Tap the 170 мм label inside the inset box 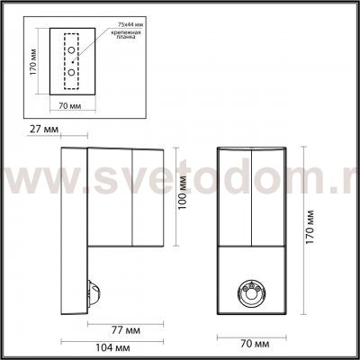pos(32,67)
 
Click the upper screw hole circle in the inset pos(72,50)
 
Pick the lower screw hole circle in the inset pos(72,71)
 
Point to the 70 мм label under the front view pos(252,345)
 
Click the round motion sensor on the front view pos(252,292)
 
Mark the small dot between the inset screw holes pos(72,61)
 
